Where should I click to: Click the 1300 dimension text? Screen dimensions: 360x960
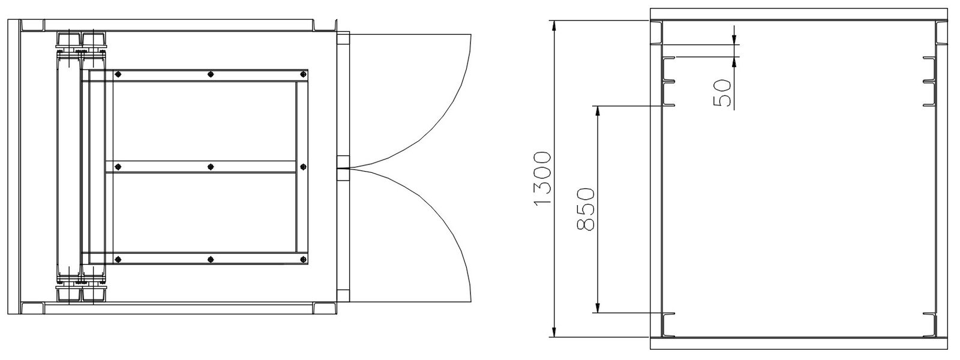[x=542, y=179]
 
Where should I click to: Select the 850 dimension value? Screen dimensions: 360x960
[x=585, y=209]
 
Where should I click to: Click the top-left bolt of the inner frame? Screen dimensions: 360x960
[x=118, y=74]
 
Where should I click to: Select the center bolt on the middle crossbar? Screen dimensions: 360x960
[x=210, y=167]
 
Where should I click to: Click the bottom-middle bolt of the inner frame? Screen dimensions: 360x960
[x=210, y=259]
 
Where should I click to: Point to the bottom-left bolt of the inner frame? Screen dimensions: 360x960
[x=118, y=259]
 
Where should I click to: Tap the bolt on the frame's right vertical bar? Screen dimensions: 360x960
[x=302, y=167]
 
